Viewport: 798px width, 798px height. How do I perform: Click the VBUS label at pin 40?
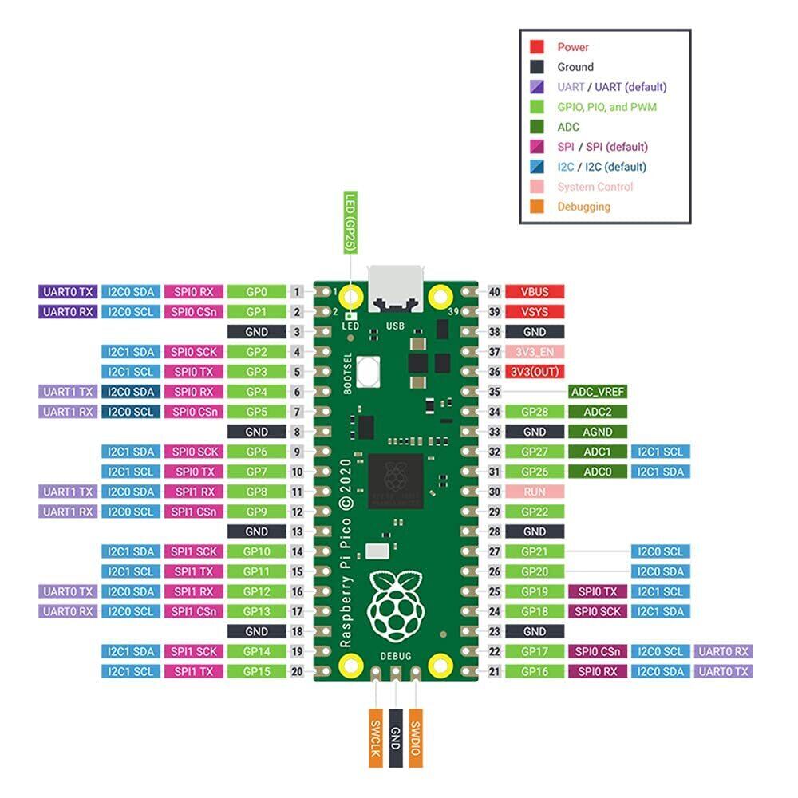point(535,292)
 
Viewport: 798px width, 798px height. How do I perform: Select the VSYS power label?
point(535,312)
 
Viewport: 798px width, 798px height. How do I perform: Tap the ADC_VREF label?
point(598,392)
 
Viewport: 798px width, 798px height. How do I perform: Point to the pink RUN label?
point(535,492)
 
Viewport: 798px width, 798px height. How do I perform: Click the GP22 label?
point(535,512)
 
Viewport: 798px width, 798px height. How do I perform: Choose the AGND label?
point(598,432)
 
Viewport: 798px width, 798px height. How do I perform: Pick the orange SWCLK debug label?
point(376,737)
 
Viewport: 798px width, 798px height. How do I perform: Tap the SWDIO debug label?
point(416,737)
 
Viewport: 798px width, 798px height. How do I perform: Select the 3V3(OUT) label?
point(535,372)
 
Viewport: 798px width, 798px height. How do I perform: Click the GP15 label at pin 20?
point(256,671)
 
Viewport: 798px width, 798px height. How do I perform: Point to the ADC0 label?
point(598,472)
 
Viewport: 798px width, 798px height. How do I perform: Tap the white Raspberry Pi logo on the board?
point(396,603)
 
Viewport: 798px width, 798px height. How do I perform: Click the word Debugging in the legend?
point(583,207)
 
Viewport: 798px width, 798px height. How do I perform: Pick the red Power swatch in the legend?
point(538,47)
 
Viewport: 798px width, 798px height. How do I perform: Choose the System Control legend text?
point(595,187)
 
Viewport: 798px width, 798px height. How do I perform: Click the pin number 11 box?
point(298,492)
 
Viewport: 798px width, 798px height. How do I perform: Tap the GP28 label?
point(535,412)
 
